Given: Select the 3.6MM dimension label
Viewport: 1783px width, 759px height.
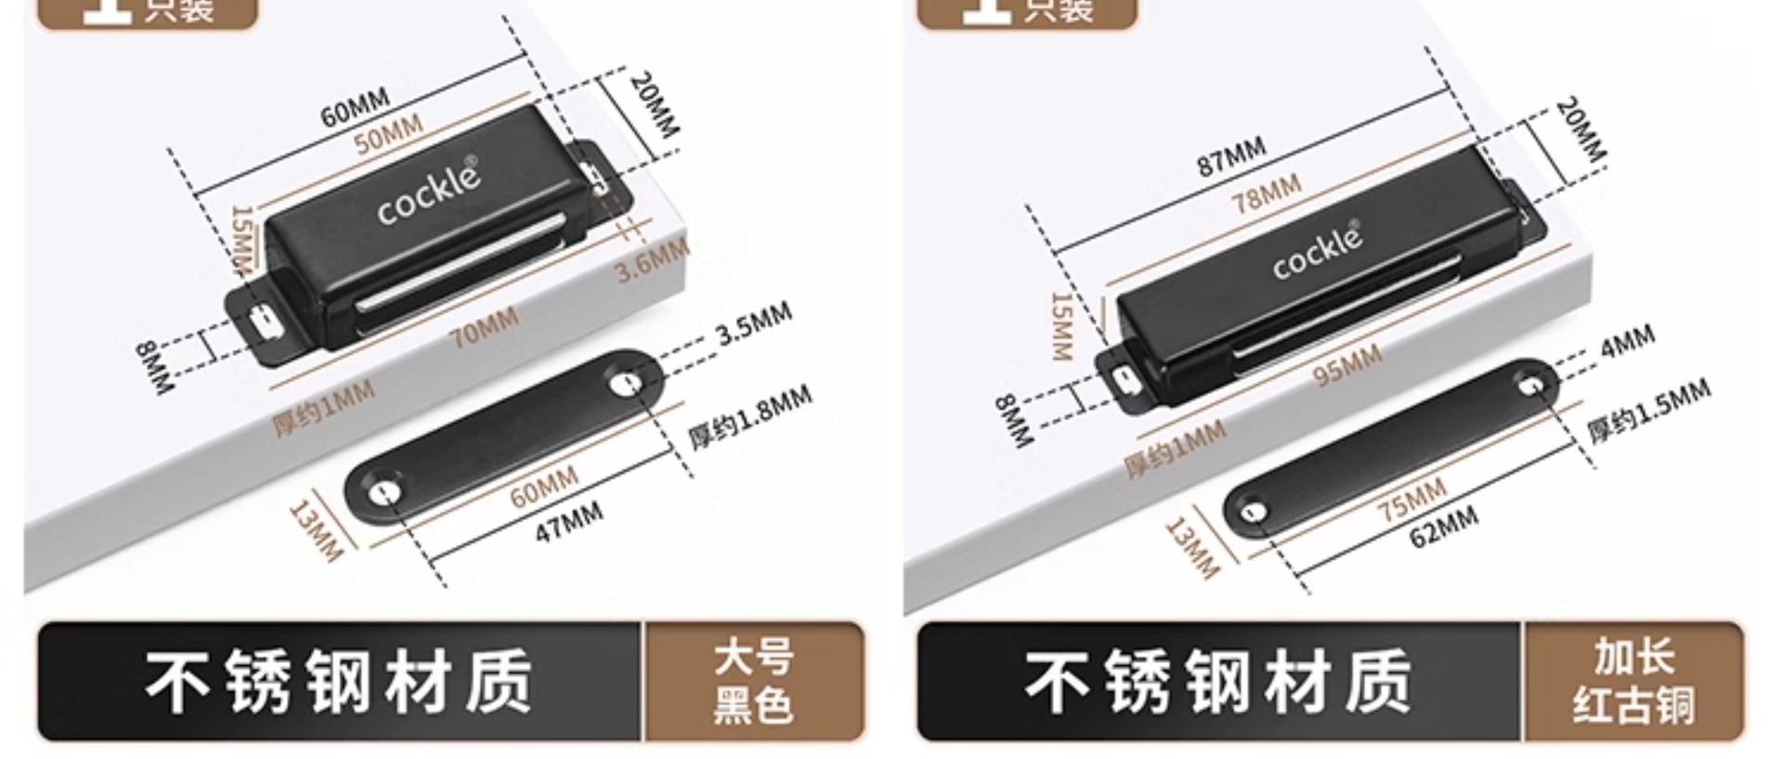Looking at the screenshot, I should click(652, 259).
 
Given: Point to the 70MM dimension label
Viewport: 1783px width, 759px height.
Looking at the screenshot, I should click(484, 328).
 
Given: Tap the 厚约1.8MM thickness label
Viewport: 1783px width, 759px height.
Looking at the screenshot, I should click(749, 417).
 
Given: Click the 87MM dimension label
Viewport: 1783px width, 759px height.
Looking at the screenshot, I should click(1230, 156).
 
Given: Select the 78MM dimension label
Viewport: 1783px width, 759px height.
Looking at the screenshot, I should click(1266, 193).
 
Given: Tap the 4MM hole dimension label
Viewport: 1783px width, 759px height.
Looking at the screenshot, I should click(1627, 342).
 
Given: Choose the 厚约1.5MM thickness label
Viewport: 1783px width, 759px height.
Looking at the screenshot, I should click(1647, 410).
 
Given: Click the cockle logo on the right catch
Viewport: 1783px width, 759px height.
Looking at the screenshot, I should click(1318, 251).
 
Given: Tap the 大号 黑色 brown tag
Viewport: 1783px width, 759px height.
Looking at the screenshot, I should click(753, 681).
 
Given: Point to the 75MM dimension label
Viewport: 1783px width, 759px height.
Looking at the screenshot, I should click(1411, 500).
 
